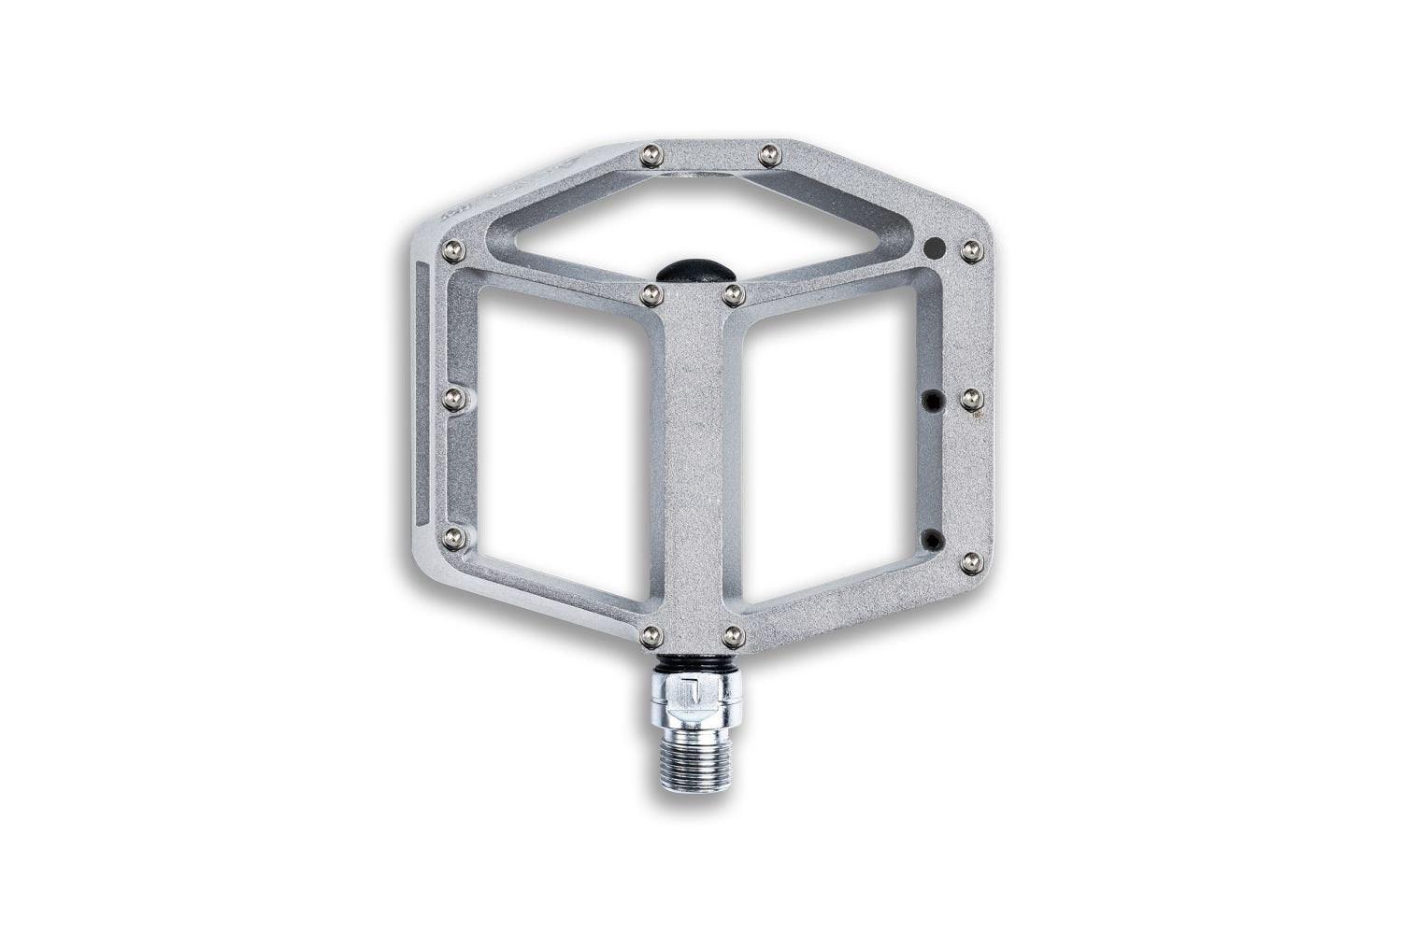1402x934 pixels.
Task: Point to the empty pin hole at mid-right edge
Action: pyautogui.click(x=932, y=400)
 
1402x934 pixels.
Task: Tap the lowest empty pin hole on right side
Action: pyautogui.click(x=932, y=539)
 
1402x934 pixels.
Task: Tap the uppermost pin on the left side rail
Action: pyautogui.click(x=453, y=249)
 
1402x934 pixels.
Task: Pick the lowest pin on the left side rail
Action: pyautogui.click(x=453, y=537)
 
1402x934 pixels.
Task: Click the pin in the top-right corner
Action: pyautogui.click(x=970, y=248)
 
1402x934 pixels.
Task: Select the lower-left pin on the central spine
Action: pyautogui.click(x=651, y=636)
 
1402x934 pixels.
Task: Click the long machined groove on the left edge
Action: pyautogui.click(x=422, y=392)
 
